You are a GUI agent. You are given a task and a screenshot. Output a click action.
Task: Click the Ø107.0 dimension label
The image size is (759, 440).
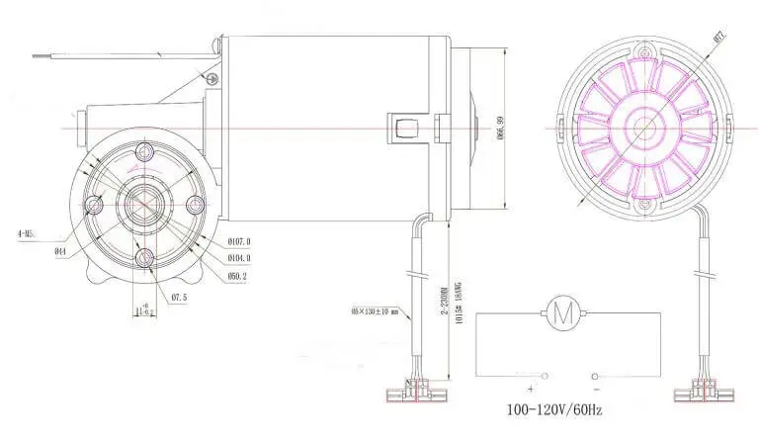239,240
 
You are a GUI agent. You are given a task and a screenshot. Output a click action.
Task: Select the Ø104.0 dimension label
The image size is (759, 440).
239,257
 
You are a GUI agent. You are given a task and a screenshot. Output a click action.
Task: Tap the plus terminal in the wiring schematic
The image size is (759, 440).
545,377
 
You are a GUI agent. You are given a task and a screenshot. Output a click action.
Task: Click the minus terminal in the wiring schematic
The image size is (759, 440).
596,377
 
